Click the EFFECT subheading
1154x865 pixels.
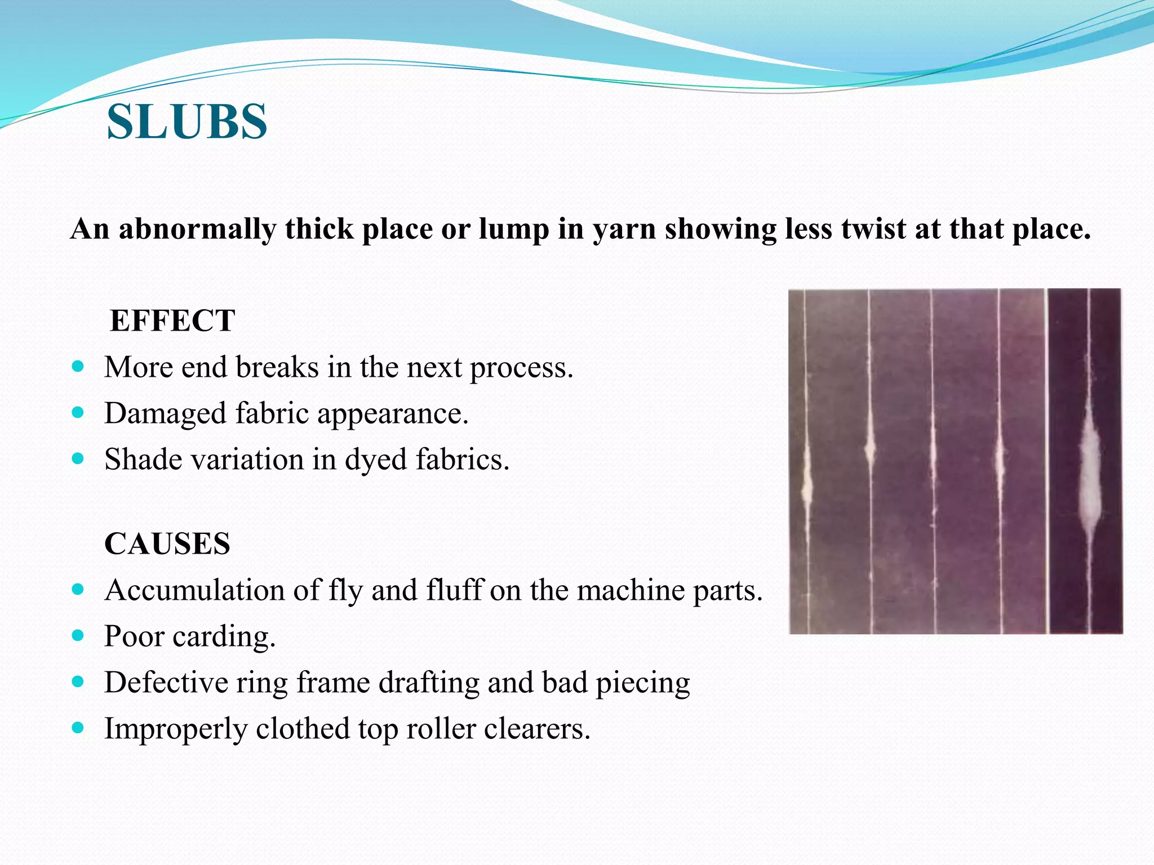click(x=172, y=320)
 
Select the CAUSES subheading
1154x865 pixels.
click(x=167, y=543)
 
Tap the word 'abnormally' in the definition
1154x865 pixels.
click(x=197, y=229)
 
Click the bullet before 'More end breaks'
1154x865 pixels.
click(x=78, y=367)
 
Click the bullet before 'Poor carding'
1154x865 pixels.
click(x=78, y=636)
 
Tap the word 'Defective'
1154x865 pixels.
click(x=166, y=682)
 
